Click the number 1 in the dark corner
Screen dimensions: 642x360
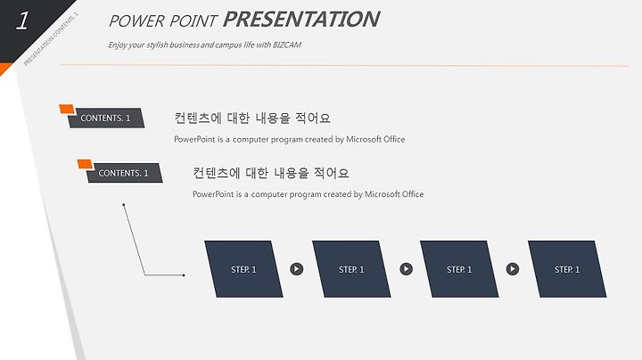(x=22, y=20)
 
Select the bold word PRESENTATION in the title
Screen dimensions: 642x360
(x=301, y=20)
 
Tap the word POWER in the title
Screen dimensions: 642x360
(x=136, y=20)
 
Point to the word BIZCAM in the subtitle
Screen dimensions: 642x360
(x=287, y=45)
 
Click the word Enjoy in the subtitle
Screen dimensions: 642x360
(x=118, y=45)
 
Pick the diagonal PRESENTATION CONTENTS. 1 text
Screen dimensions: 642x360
(x=51, y=40)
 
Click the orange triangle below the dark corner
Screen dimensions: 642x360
(x=5, y=69)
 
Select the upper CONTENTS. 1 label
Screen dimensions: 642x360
(x=105, y=119)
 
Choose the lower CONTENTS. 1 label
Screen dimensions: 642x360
(x=123, y=173)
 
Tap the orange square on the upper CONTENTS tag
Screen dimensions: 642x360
(x=67, y=109)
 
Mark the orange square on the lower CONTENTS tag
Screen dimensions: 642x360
(x=86, y=164)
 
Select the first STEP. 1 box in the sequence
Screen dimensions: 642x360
(x=243, y=269)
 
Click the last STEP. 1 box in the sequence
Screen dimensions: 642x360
(x=567, y=269)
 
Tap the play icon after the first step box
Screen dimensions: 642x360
(x=297, y=269)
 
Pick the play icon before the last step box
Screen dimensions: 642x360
(x=512, y=269)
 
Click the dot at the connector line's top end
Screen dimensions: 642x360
(x=124, y=205)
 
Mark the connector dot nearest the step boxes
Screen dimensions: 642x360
(x=184, y=275)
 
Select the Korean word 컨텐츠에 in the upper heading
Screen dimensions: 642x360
(x=198, y=119)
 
